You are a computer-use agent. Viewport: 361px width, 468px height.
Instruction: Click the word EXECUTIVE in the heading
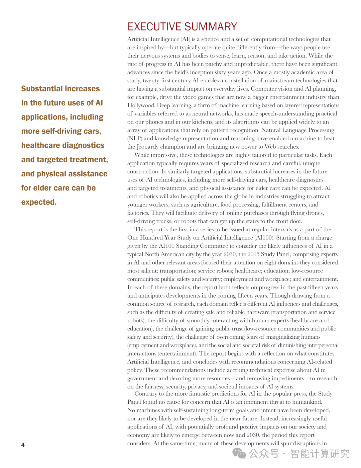tap(154, 27)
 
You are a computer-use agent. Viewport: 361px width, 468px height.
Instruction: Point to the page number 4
tap(23, 445)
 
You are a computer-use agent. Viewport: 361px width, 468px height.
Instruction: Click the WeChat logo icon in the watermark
tap(239, 453)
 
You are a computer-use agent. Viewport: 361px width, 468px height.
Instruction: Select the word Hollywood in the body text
tap(141, 105)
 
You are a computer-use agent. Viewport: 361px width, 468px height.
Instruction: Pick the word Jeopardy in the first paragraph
tap(147, 147)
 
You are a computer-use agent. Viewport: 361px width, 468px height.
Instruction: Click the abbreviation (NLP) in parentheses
tap(134, 139)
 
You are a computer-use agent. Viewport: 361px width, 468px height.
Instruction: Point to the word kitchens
tap(203, 122)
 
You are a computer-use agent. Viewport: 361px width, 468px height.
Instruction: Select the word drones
tap(315, 213)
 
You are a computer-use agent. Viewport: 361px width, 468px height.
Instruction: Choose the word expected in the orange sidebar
tap(39, 202)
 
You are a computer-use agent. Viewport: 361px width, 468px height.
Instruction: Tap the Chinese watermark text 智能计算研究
tap(320, 454)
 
